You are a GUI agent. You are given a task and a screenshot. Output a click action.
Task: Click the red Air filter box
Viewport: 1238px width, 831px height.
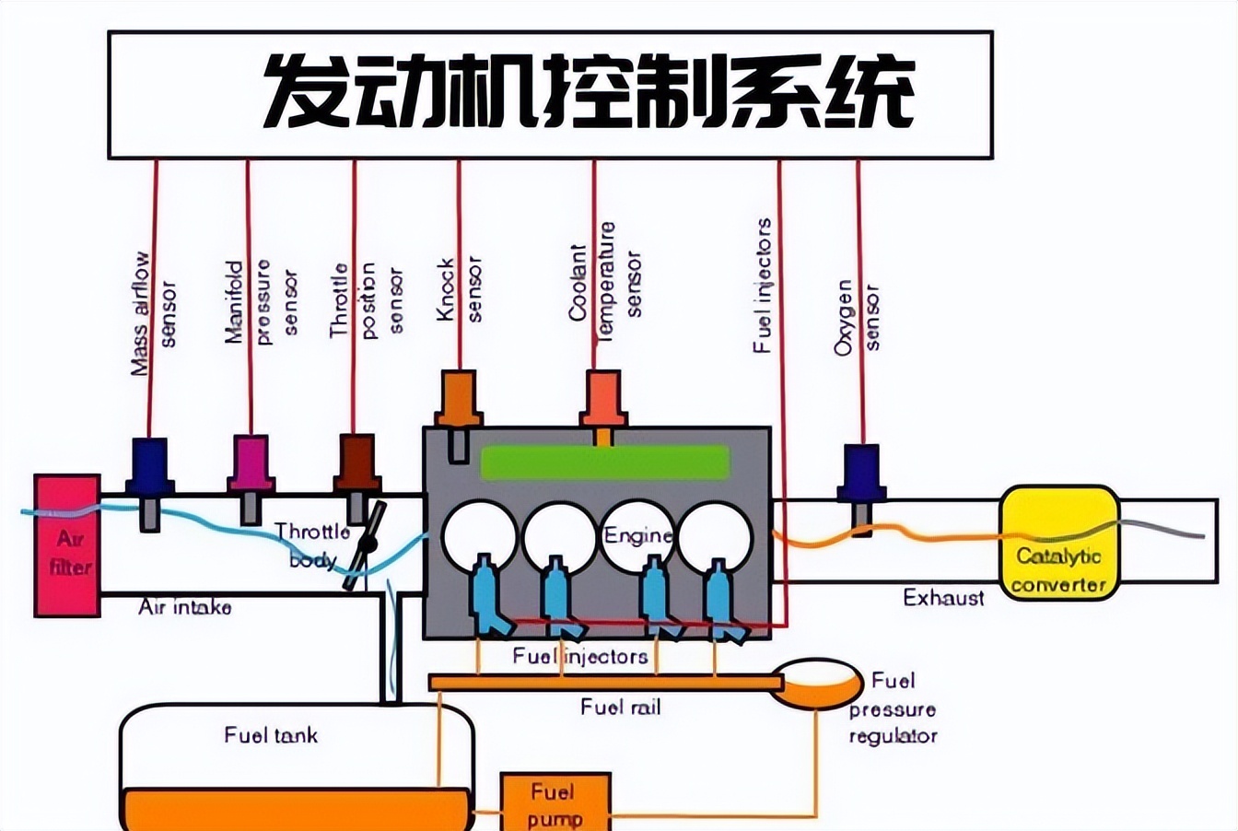pos(67,545)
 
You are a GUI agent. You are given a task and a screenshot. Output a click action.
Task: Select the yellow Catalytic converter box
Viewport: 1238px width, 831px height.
pos(1059,544)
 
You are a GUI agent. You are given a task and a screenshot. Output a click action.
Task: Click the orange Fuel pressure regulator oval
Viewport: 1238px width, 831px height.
pos(816,683)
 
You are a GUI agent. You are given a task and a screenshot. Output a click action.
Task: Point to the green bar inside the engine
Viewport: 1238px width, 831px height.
pos(604,462)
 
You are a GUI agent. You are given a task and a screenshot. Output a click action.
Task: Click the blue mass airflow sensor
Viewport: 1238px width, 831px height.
pos(150,467)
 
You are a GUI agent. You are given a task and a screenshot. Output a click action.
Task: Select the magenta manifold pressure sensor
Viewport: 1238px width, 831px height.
pos(251,465)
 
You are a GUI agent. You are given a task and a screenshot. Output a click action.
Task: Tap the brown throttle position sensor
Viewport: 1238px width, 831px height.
pos(357,464)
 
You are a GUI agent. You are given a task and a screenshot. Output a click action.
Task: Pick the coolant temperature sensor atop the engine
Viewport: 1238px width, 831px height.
pos(603,400)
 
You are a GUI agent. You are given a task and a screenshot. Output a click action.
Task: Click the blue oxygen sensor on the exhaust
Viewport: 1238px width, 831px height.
pos(860,474)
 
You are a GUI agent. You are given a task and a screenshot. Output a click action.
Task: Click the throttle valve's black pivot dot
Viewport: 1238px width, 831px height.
pos(367,544)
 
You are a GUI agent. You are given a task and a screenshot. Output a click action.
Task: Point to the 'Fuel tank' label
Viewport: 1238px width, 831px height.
pos(271,735)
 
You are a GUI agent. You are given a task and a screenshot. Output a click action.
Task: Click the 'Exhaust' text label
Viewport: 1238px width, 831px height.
pos(943,598)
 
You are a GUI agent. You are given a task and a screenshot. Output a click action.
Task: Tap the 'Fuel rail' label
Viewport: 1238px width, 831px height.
pos(621,708)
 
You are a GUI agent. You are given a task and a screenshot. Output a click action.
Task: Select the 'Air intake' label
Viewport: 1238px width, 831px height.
pos(185,607)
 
